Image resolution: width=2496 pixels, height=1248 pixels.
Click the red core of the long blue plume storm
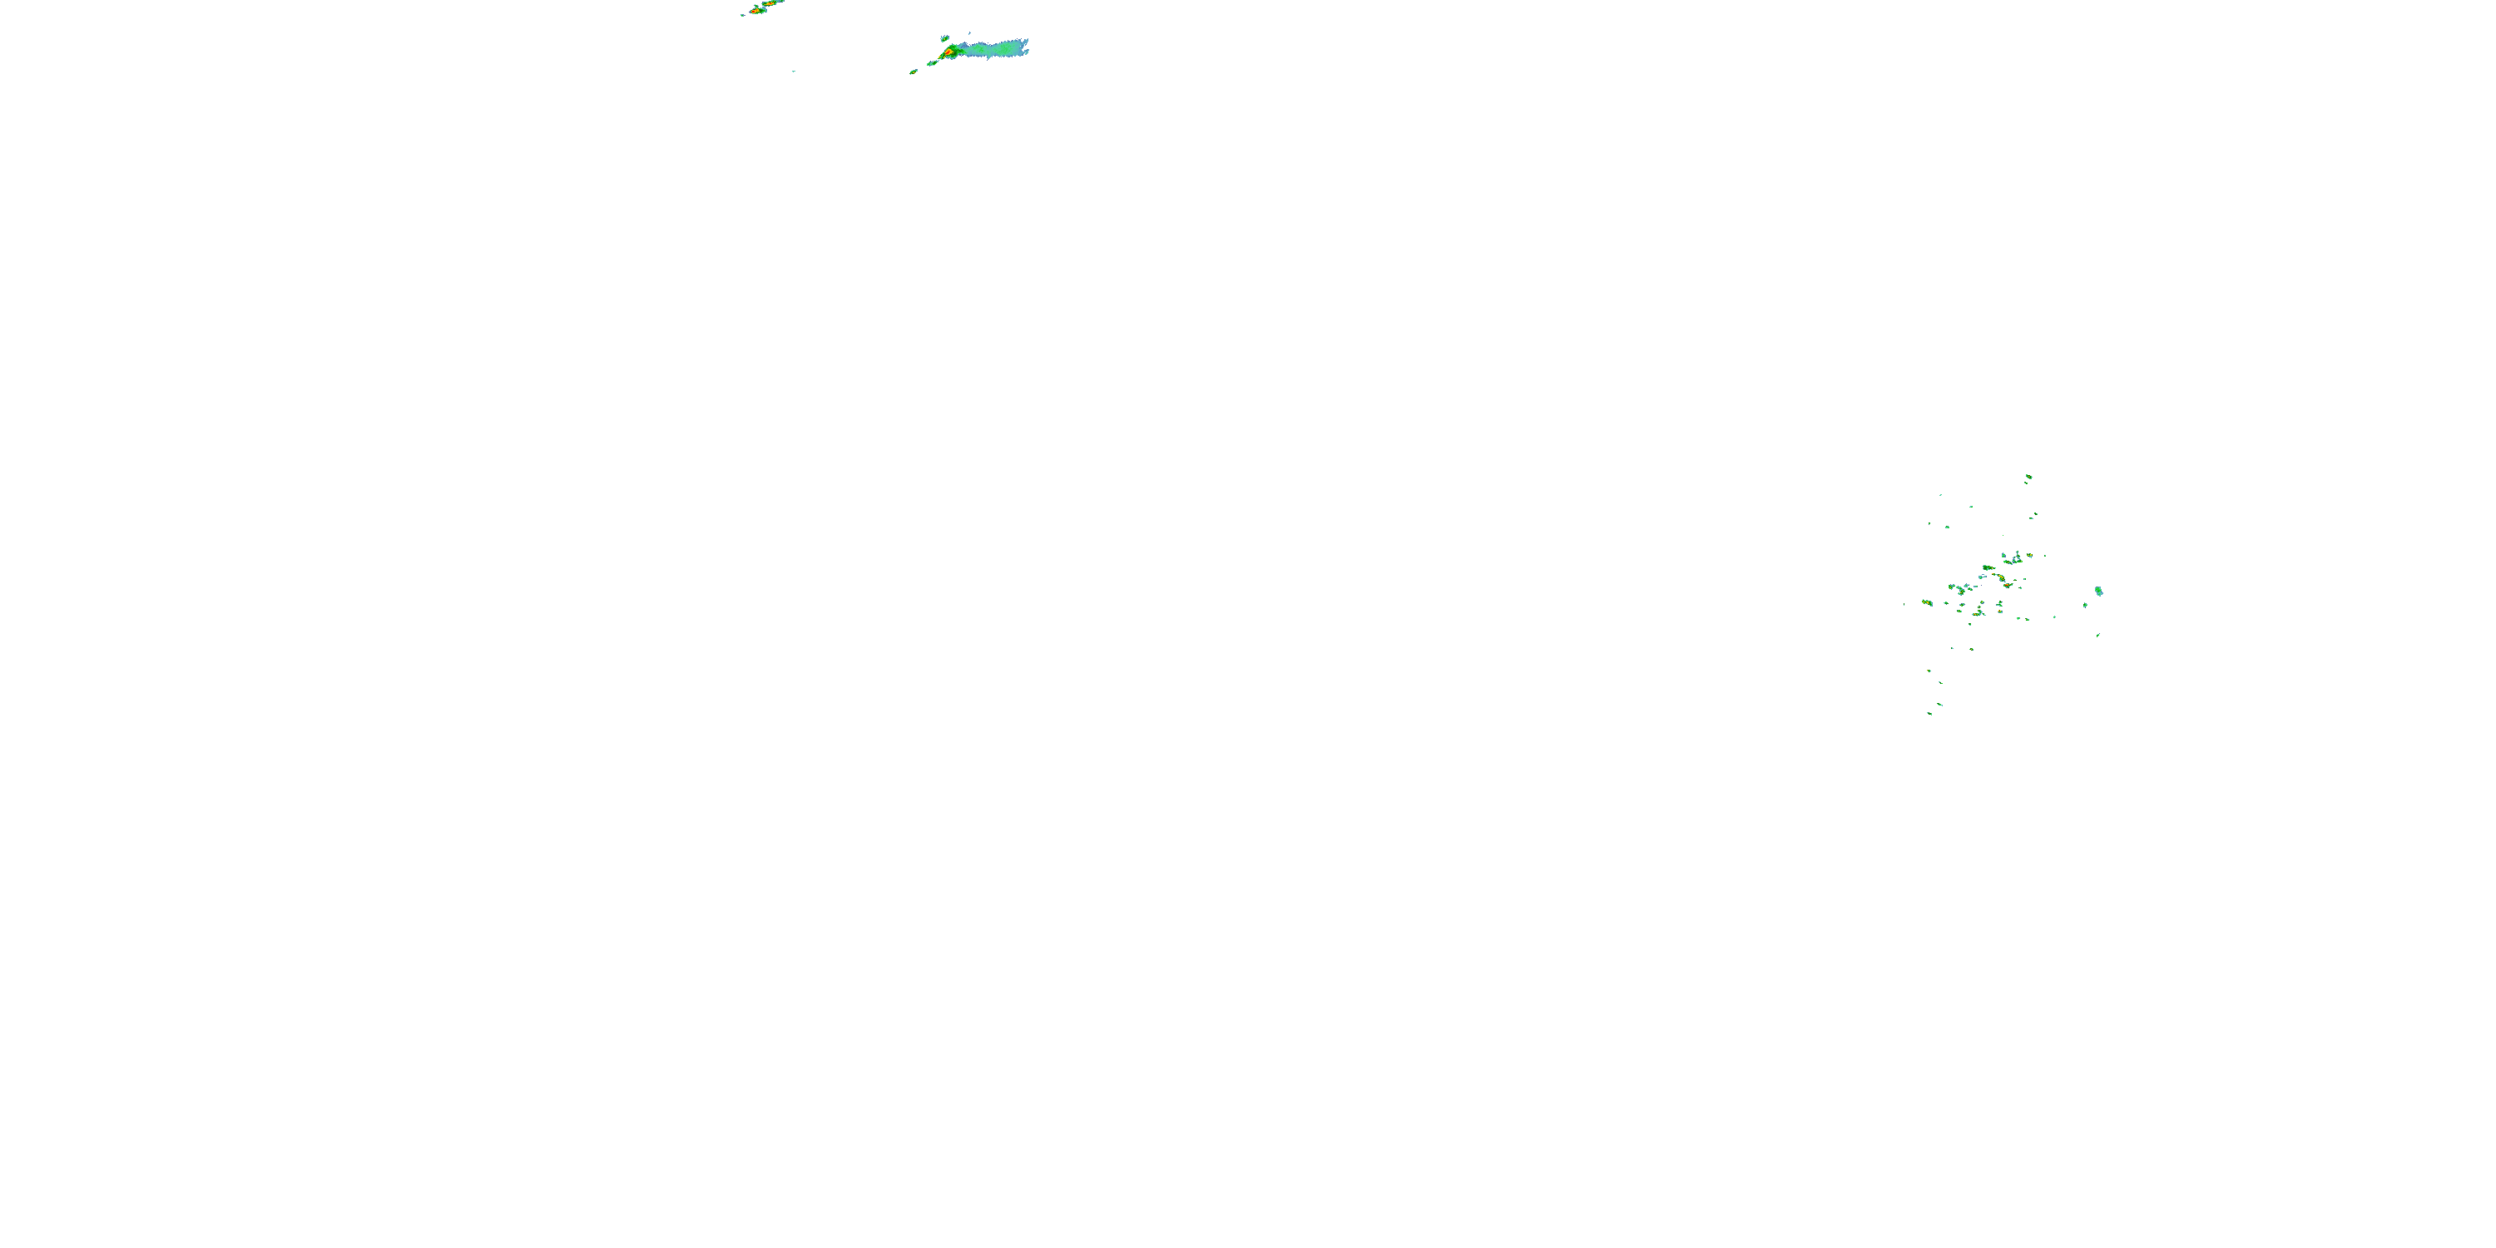pos(948,52)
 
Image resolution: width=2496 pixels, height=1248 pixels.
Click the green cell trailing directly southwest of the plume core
pos(932,63)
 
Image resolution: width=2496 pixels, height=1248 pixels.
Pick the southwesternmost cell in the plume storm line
pos(913,72)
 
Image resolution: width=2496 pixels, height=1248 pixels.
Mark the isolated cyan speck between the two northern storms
pos(794,71)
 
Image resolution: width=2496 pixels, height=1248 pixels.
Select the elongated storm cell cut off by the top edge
pos(773,2)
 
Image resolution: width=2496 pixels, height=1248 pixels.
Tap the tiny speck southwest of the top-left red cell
pos(743,14)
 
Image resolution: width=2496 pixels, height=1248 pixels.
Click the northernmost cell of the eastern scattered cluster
pos(2028,477)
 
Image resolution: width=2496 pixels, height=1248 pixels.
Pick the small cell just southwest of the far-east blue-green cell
pos(2085,606)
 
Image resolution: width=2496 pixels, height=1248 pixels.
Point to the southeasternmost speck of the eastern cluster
pos(2097,636)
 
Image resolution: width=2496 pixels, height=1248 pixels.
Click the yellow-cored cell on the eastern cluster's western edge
pos(1927,602)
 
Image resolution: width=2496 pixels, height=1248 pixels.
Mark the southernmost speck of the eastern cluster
pos(1929,714)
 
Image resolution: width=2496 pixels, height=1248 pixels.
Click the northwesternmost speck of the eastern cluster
pos(1940,495)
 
